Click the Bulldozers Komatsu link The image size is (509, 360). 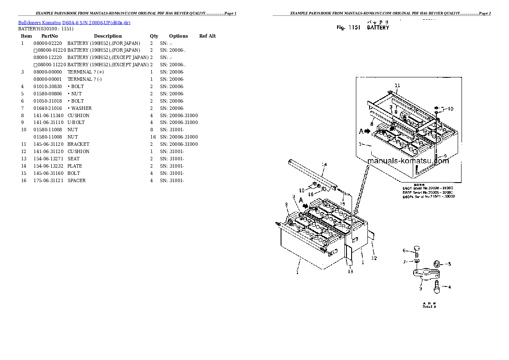point(39,22)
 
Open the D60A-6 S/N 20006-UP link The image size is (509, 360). point(96,22)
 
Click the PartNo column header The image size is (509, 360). point(50,36)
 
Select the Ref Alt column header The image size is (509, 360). point(207,36)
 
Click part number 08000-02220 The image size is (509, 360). point(47,43)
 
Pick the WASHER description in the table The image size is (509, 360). point(80,108)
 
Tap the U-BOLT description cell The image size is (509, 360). point(76,122)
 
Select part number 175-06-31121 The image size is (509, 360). point(47,180)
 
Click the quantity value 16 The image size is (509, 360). point(152,137)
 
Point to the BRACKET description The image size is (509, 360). point(78,144)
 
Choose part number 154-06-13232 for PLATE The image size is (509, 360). point(47,166)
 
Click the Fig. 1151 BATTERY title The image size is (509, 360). point(363,27)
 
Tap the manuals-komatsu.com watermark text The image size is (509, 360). point(408,161)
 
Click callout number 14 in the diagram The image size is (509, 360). point(324,165)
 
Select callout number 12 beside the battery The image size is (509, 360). point(374,258)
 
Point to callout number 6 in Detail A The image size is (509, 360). point(404,251)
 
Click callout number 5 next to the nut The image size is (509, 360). point(449,264)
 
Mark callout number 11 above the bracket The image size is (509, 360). point(397,86)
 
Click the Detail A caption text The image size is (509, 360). point(429,307)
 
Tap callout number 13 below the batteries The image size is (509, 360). point(350,271)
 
